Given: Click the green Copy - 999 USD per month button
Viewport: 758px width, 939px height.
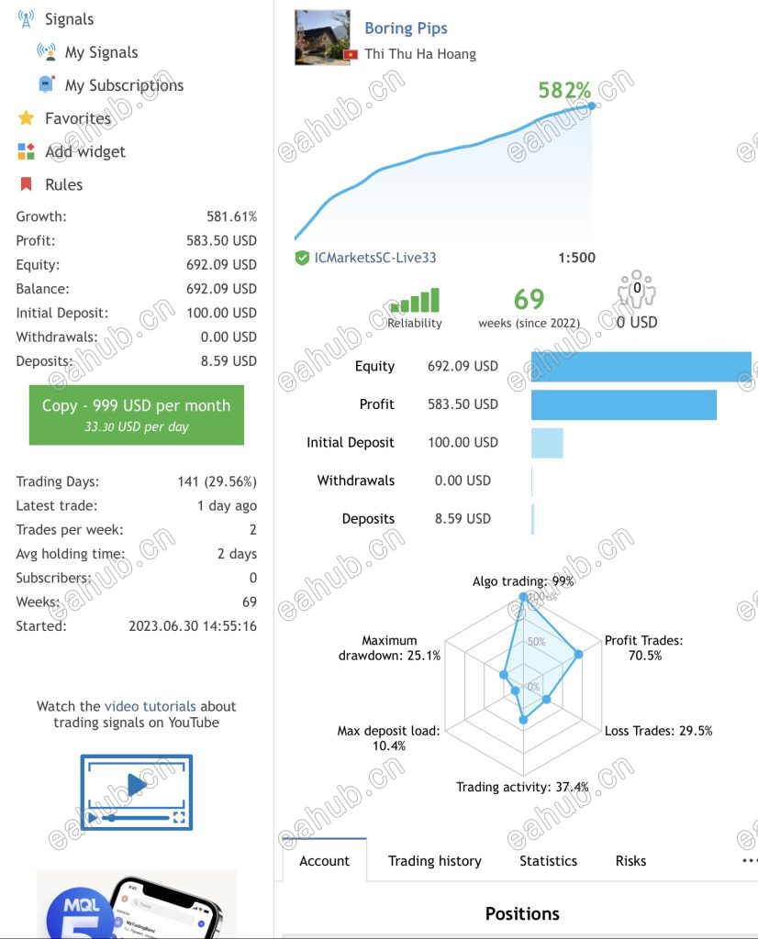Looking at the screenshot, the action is [x=137, y=415].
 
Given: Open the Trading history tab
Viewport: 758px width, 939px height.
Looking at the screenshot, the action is [x=434, y=860].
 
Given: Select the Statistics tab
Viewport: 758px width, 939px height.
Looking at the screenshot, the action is [x=548, y=860].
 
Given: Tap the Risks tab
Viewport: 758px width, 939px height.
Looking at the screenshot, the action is [x=631, y=860].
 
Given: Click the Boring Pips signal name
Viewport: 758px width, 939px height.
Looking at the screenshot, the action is [x=406, y=28].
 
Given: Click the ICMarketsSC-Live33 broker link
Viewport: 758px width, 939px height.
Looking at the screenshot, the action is [x=375, y=258].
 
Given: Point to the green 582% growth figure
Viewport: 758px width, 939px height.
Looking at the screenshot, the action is [x=564, y=91].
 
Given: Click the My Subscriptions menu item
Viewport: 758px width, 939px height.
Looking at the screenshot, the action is [x=124, y=85].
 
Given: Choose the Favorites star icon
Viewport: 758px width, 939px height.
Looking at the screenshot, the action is [x=26, y=118].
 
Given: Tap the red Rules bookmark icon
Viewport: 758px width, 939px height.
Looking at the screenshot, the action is [x=26, y=183].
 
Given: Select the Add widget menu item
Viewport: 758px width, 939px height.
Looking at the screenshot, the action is [x=85, y=151].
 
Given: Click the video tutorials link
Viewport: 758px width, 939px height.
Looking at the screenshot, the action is [x=150, y=706].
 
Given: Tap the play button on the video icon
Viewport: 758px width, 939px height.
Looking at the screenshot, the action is [x=137, y=784].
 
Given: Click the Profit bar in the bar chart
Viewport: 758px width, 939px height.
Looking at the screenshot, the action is [x=624, y=404].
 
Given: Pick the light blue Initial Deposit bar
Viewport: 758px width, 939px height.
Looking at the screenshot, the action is [x=547, y=443].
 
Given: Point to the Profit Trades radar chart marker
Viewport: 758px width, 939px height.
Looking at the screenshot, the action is [x=578, y=654].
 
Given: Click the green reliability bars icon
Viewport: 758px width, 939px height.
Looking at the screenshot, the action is [x=415, y=300].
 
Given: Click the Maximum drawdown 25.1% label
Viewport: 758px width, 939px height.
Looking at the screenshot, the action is [x=389, y=648].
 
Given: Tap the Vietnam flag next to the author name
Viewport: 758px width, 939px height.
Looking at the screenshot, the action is [x=351, y=54].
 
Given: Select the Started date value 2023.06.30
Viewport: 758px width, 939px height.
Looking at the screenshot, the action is [x=193, y=626].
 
